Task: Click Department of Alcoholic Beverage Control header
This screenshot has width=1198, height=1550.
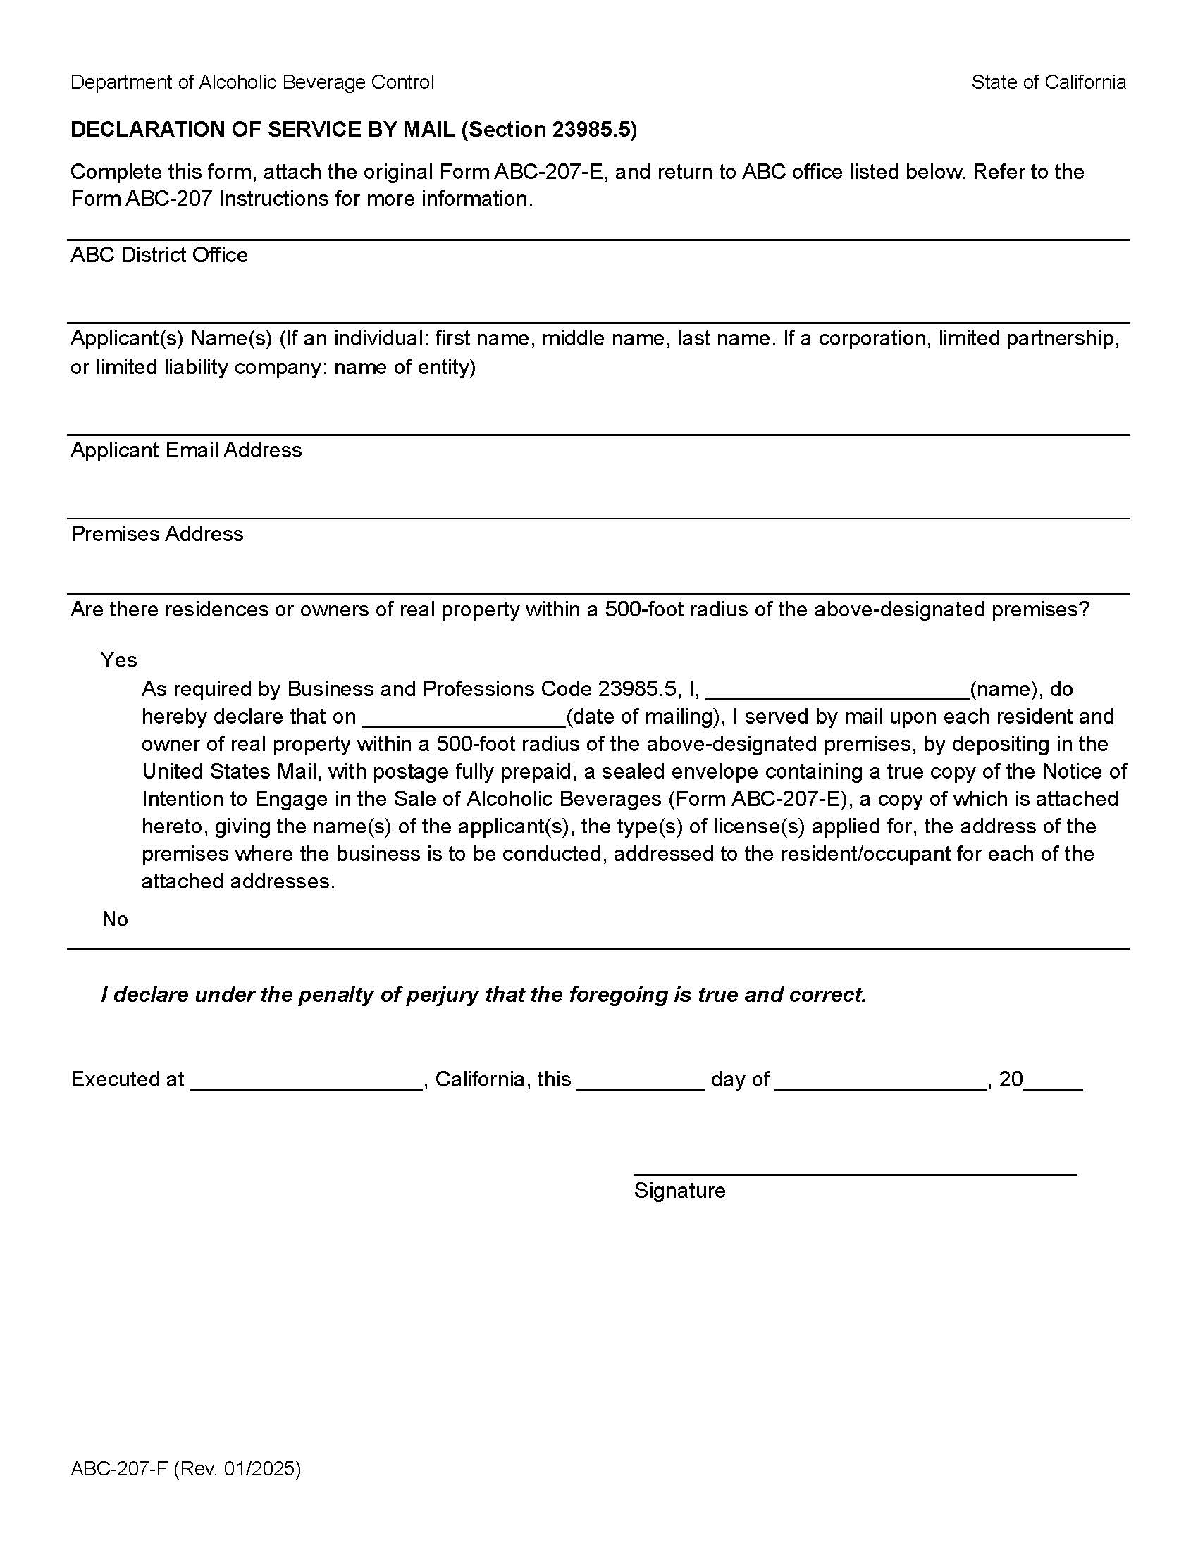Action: [252, 82]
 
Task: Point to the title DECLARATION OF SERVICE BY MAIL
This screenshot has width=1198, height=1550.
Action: [263, 129]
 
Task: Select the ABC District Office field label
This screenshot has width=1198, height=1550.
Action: [159, 255]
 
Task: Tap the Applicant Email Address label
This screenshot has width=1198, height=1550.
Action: [186, 450]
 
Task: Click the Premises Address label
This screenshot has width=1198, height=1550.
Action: [157, 534]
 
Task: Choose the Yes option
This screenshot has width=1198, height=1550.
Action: [118, 660]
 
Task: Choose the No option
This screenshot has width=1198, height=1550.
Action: [115, 919]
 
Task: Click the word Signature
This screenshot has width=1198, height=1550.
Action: [679, 1190]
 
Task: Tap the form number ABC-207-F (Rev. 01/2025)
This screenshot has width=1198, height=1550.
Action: [186, 1468]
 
